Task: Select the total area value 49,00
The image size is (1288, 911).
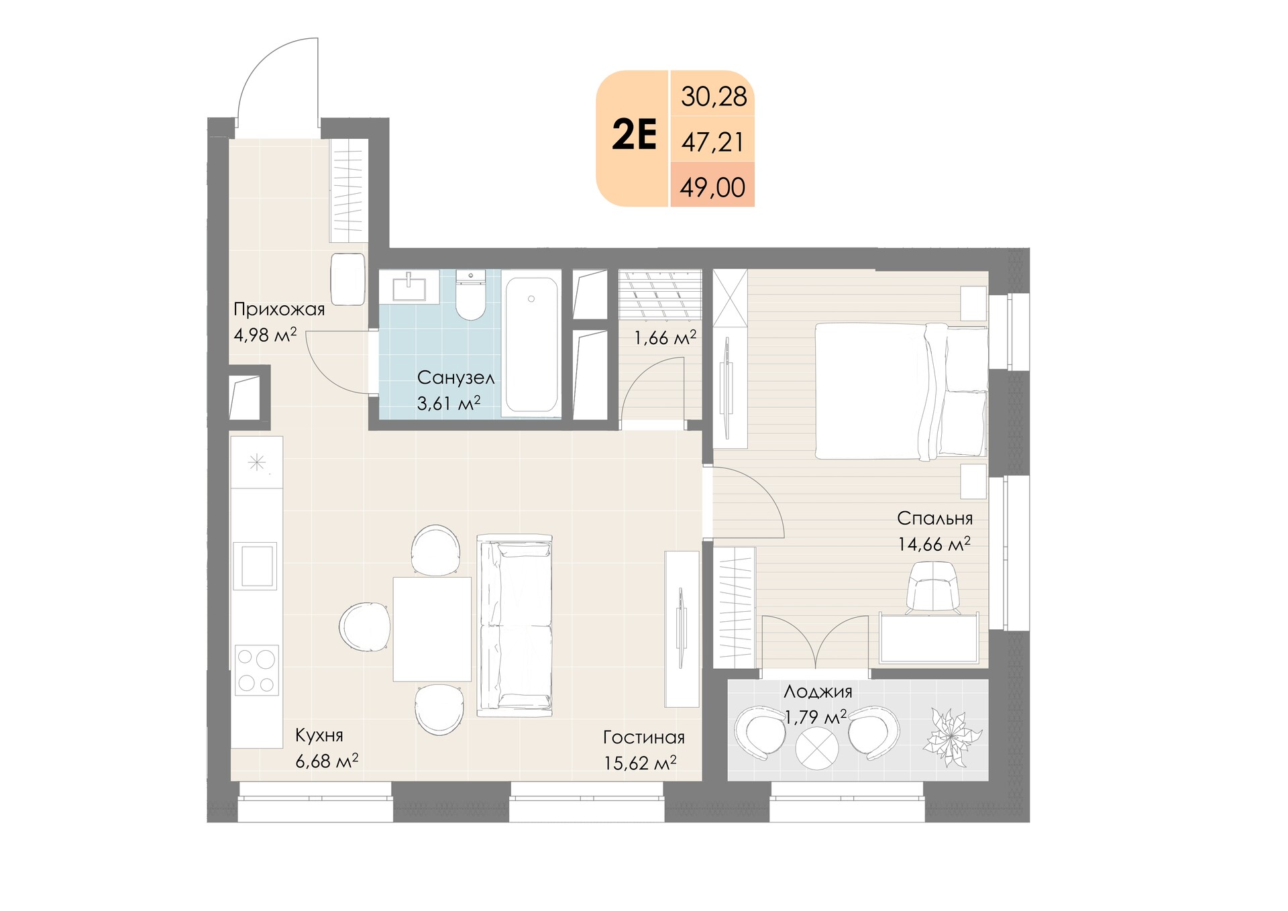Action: tap(712, 187)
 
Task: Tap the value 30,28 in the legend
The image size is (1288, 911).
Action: tap(714, 97)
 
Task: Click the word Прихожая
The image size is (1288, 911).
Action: tap(279, 309)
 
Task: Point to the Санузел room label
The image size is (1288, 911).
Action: tap(455, 378)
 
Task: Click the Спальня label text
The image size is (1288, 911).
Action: tap(934, 518)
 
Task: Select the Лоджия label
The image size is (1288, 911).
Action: tap(818, 692)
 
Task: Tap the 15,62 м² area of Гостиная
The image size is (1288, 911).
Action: tap(640, 762)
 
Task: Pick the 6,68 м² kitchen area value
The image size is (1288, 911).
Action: tap(327, 761)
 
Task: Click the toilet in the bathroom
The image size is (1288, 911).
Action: tap(470, 294)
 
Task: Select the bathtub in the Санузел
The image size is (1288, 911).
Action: tap(531, 344)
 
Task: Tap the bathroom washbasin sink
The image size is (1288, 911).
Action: tap(409, 286)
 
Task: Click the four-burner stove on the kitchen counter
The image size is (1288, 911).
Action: tap(256, 670)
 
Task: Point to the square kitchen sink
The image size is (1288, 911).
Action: tap(255, 566)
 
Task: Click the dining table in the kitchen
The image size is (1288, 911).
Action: tap(432, 629)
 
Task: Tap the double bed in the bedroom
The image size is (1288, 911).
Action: tap(901, 391)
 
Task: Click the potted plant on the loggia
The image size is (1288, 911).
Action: tap(953, 737)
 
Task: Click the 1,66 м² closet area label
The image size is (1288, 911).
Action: tap(665, 337)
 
